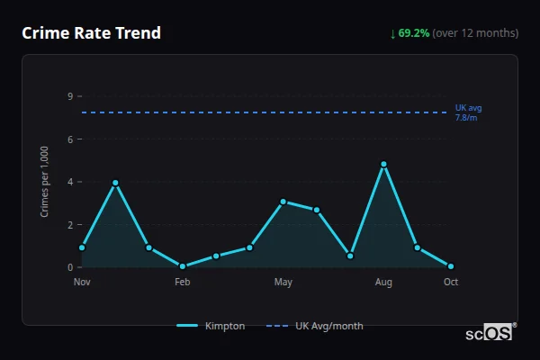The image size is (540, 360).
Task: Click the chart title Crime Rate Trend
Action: click(x=91, y=33)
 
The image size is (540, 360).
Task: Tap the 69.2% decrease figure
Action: click(x=414, y=33)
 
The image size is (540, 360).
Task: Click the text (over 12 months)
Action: click(x=475, y=33)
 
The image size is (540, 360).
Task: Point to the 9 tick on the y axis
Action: click(x=69, y=96)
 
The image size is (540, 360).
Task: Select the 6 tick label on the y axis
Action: click(x=69, y=139)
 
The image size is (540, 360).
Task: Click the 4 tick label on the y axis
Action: click(x=69, y=182)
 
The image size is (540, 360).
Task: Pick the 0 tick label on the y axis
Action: click(x=69, y=267)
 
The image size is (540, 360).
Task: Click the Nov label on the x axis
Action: click(x=82, y=283)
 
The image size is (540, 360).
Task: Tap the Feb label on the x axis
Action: click(x=183, y=283)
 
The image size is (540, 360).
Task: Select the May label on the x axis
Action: click(x=283, y=283)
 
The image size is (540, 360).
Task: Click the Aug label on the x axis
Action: click(x=383, y=283)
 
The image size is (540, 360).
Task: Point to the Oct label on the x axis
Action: click(x=451, y=283)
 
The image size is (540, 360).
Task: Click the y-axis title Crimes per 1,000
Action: click(x=45, y=182)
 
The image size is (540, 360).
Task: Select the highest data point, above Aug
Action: click(x=383, y=165)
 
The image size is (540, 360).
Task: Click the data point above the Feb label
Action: click(x=183, y=266)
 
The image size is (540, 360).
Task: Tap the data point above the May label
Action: click(x=283, y=202)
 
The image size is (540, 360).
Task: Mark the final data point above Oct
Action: click(x=451, y=266)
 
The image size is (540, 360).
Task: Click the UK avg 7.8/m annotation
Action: click(x=468, y=112)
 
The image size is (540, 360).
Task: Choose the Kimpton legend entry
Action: click(x=211, y=326)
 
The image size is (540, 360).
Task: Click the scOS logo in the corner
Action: click(x=489, y=333)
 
